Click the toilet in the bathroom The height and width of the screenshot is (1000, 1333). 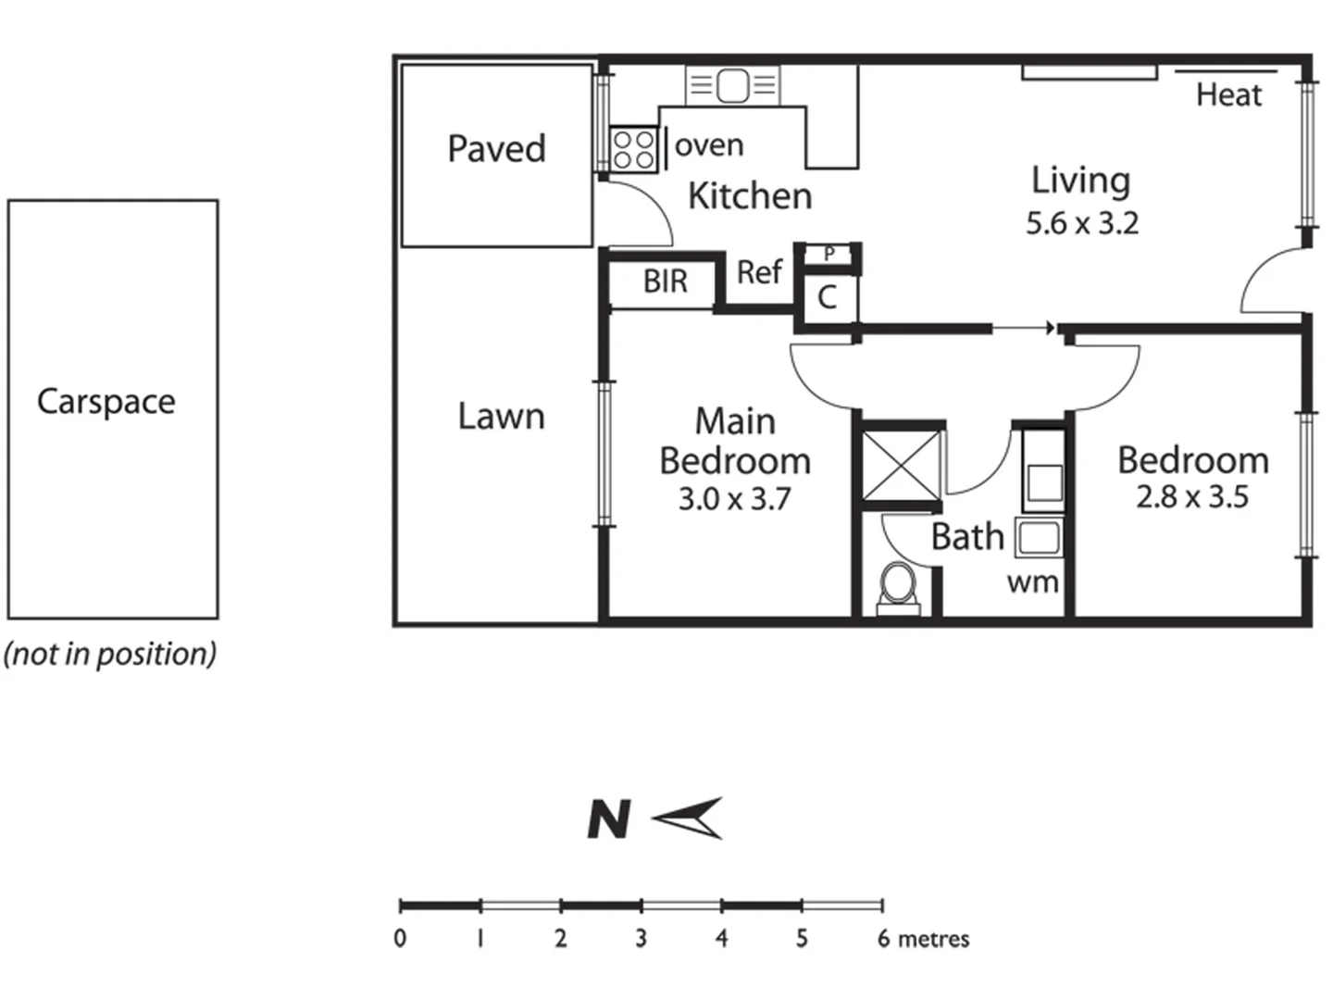pos(897,587)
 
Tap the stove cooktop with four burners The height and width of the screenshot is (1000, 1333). pos(633,149)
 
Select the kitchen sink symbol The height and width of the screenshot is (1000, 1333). pos(732,86)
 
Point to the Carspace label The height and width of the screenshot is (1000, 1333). pos(106,402)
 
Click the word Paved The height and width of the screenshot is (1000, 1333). pos(496,149)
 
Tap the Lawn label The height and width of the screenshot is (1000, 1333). pos(501,417)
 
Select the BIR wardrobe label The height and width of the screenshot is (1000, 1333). pos(666,281)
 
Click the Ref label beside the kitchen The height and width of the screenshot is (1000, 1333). pos(759,272)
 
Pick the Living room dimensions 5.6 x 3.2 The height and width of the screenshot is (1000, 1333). pos(1081,224)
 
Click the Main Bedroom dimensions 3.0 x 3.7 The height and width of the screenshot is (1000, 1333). pos(734,499)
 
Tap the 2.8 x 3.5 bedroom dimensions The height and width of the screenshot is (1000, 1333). pos(1192,497)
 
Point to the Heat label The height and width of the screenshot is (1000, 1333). pos(1228,94)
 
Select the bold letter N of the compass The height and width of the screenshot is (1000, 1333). pos(609,820)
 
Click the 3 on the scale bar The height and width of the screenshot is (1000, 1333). pos(641,939)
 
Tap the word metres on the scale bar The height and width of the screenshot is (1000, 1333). pos(933,939)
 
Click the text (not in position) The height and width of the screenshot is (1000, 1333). pos(110,654)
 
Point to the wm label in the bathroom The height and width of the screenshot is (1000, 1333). pos(1032,583)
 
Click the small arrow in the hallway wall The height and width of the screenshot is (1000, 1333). pos(1024,328)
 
